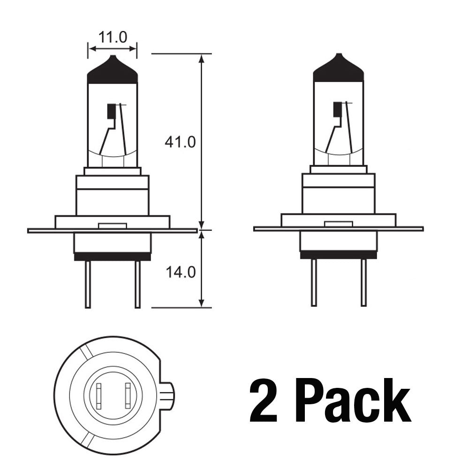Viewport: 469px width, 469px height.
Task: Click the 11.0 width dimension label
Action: click(x=113, y=37)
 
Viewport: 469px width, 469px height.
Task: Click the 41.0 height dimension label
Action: click(x=180, y=142)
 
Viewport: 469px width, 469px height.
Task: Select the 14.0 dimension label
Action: click(x=180, y=272)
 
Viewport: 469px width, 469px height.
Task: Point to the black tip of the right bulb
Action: click(x=338, y=69)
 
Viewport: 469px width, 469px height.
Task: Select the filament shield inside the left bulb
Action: click(x=111, y=111)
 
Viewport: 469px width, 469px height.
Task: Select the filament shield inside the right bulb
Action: click(x=337, y=109)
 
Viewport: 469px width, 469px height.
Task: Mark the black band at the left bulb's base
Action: click(x=113, y=256)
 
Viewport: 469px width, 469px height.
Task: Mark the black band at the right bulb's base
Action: click(x=338, y=254)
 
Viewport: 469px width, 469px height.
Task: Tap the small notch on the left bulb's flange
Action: click(x=113, y=226)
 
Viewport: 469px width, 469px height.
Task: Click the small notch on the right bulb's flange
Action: click(x=338, y=224)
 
